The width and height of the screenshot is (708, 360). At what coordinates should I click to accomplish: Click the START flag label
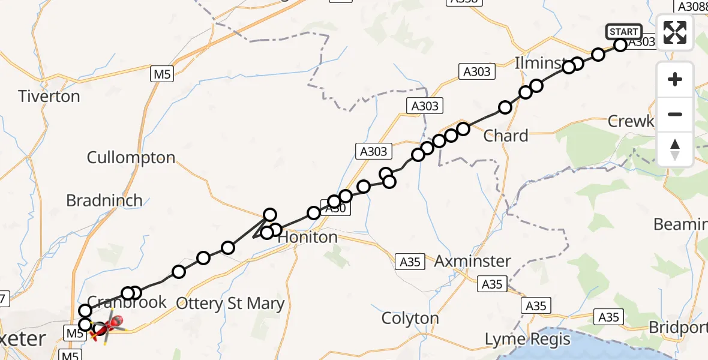coord(624,32)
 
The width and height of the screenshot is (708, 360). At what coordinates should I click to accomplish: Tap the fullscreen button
coord(675,32)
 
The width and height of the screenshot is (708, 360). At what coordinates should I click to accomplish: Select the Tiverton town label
coord(49,96)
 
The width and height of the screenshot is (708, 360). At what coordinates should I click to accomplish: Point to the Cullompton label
coord(131,158)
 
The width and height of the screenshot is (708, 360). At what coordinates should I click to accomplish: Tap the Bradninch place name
coord(104,200)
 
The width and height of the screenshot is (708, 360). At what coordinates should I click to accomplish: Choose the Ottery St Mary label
coord(232,304)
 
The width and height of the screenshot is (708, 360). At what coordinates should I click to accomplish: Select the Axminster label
coord(472,261)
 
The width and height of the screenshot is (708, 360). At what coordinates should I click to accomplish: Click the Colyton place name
coord(411,318)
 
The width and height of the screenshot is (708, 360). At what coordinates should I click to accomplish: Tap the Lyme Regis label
coord(528,340)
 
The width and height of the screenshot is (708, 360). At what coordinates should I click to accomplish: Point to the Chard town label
coord(506,136)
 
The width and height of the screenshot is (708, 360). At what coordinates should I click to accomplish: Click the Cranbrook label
coord(127,302)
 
